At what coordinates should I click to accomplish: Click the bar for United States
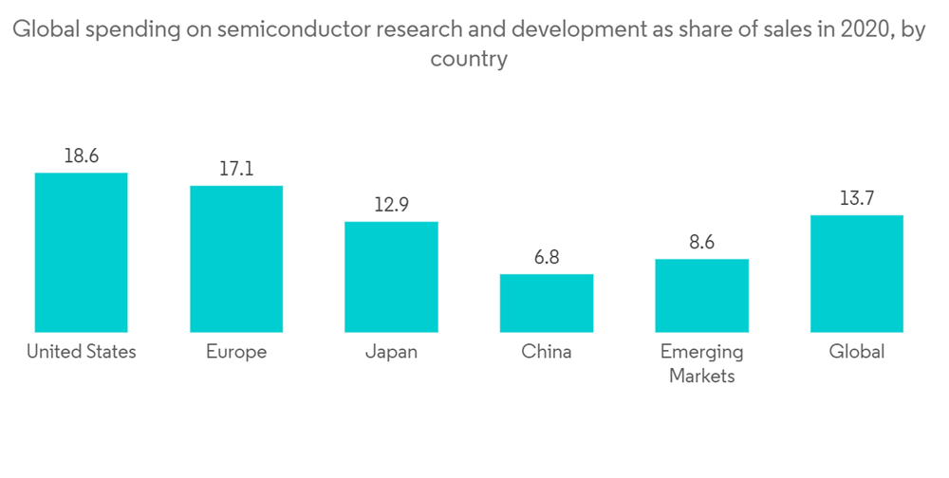coord(81,252)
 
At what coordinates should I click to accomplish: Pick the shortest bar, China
coord(547,303)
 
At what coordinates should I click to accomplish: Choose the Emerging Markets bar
coord(701,295)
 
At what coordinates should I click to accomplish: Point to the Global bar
coord(857,273)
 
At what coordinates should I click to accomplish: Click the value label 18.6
coord(81,156)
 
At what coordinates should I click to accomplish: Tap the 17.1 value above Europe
coord(236,170)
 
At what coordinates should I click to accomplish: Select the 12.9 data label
coord(391,205)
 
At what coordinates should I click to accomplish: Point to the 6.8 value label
coord(547,257)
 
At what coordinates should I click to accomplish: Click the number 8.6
coord(701,242)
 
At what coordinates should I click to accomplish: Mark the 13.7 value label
coord(857,198)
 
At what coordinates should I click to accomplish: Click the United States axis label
coord(81,352)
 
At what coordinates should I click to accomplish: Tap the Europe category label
coord(236,352)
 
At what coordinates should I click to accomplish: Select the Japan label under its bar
coord(391,352)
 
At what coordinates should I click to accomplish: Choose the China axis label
coord(547,352)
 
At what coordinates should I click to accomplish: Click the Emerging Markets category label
coord(701,363)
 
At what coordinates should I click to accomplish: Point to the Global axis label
coord(857,352)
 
